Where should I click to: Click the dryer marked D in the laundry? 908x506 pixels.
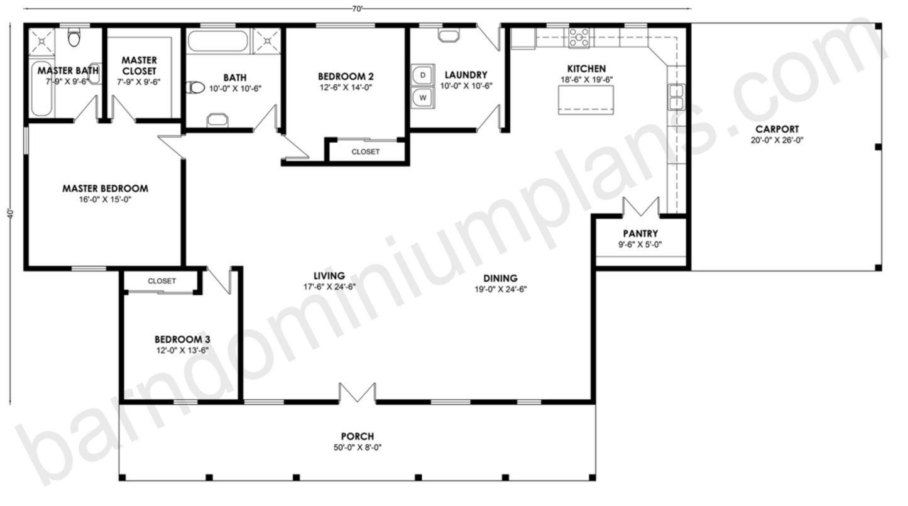[423, 75]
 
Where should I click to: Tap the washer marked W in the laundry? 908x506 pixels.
[423, 97]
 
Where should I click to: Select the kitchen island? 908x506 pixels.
[586, 100]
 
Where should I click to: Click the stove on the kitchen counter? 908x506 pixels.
[579, 38]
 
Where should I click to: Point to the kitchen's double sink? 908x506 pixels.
[676, 97]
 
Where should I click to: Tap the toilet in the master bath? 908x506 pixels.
[74, 37]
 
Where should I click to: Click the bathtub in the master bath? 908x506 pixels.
[41, 89]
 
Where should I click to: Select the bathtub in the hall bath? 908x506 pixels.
[217, 40]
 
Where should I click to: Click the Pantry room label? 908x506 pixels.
[640, 234]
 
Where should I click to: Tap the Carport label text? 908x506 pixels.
[777, 129]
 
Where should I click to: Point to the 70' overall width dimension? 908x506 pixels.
[357, 9]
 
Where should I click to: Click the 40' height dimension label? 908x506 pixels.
[11, 214]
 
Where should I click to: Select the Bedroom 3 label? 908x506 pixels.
[182, 339]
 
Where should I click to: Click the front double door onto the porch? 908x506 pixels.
[357, 393]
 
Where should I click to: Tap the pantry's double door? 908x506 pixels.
[641, 207]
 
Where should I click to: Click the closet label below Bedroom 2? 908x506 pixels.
[366, 151]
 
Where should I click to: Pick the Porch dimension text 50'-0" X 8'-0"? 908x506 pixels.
[357, 448]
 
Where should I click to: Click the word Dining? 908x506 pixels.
[500, 278]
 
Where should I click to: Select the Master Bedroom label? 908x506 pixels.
[105, 189]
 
